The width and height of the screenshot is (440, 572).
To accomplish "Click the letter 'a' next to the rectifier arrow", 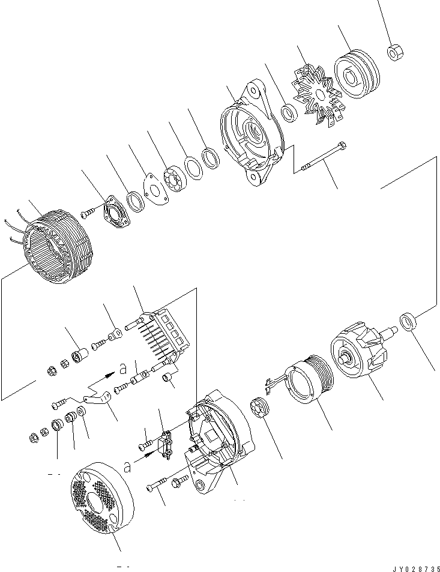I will pyautogui.click(x=122, y=368).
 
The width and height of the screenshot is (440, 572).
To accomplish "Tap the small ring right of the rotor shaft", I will pyautogui.click(x=409, y=321).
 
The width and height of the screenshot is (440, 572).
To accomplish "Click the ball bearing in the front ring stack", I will pyautogui.click(x=173, y=178).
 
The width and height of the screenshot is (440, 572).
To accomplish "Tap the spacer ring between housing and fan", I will pyautogui.click(x=289, y=113).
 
